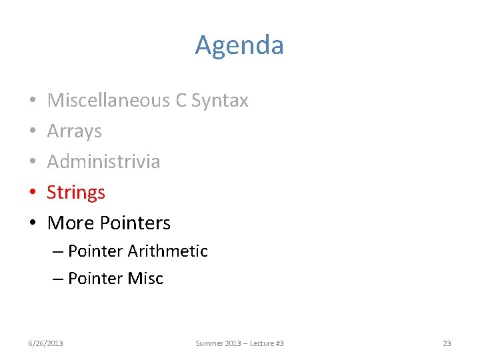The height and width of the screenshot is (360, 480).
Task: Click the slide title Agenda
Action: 239,45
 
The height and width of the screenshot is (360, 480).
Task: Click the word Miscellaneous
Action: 109,100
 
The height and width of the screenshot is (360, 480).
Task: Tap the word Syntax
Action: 219,101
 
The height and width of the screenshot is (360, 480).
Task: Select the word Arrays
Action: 75,131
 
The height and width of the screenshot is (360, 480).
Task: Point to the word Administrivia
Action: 103,161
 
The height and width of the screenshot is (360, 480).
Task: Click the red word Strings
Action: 76,193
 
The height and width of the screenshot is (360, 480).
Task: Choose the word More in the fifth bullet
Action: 69,223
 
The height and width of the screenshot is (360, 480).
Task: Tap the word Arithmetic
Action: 167,251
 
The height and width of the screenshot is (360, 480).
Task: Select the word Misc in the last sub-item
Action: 145,278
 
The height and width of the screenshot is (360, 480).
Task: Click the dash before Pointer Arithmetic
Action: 58,252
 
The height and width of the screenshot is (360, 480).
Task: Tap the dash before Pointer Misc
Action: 58,279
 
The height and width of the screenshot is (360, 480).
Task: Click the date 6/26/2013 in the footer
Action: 45,343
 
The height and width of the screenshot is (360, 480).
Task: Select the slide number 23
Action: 447,343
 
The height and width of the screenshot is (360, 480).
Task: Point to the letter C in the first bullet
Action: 181,100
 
